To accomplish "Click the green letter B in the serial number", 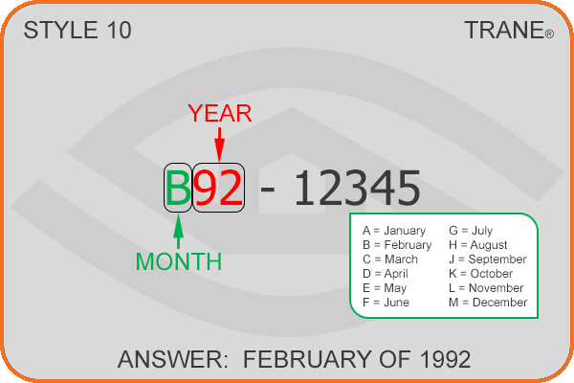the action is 178,188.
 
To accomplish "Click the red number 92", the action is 218,188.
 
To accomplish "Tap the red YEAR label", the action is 220,113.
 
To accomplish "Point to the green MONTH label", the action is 179,261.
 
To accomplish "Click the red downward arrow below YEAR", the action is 219,145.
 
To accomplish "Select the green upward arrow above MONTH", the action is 178,232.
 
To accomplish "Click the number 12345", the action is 357,188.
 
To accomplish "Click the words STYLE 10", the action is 77,30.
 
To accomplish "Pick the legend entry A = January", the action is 394,231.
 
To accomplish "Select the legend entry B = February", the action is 397,245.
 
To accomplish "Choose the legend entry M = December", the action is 488,303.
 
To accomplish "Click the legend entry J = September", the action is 488,259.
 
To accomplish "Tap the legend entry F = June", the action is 386,303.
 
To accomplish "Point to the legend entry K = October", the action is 480,274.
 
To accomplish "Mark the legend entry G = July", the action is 471,231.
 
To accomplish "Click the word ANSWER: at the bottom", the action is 173,359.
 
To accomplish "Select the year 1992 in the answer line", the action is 446,359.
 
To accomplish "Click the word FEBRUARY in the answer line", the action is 308,359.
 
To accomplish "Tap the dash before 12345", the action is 267,191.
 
